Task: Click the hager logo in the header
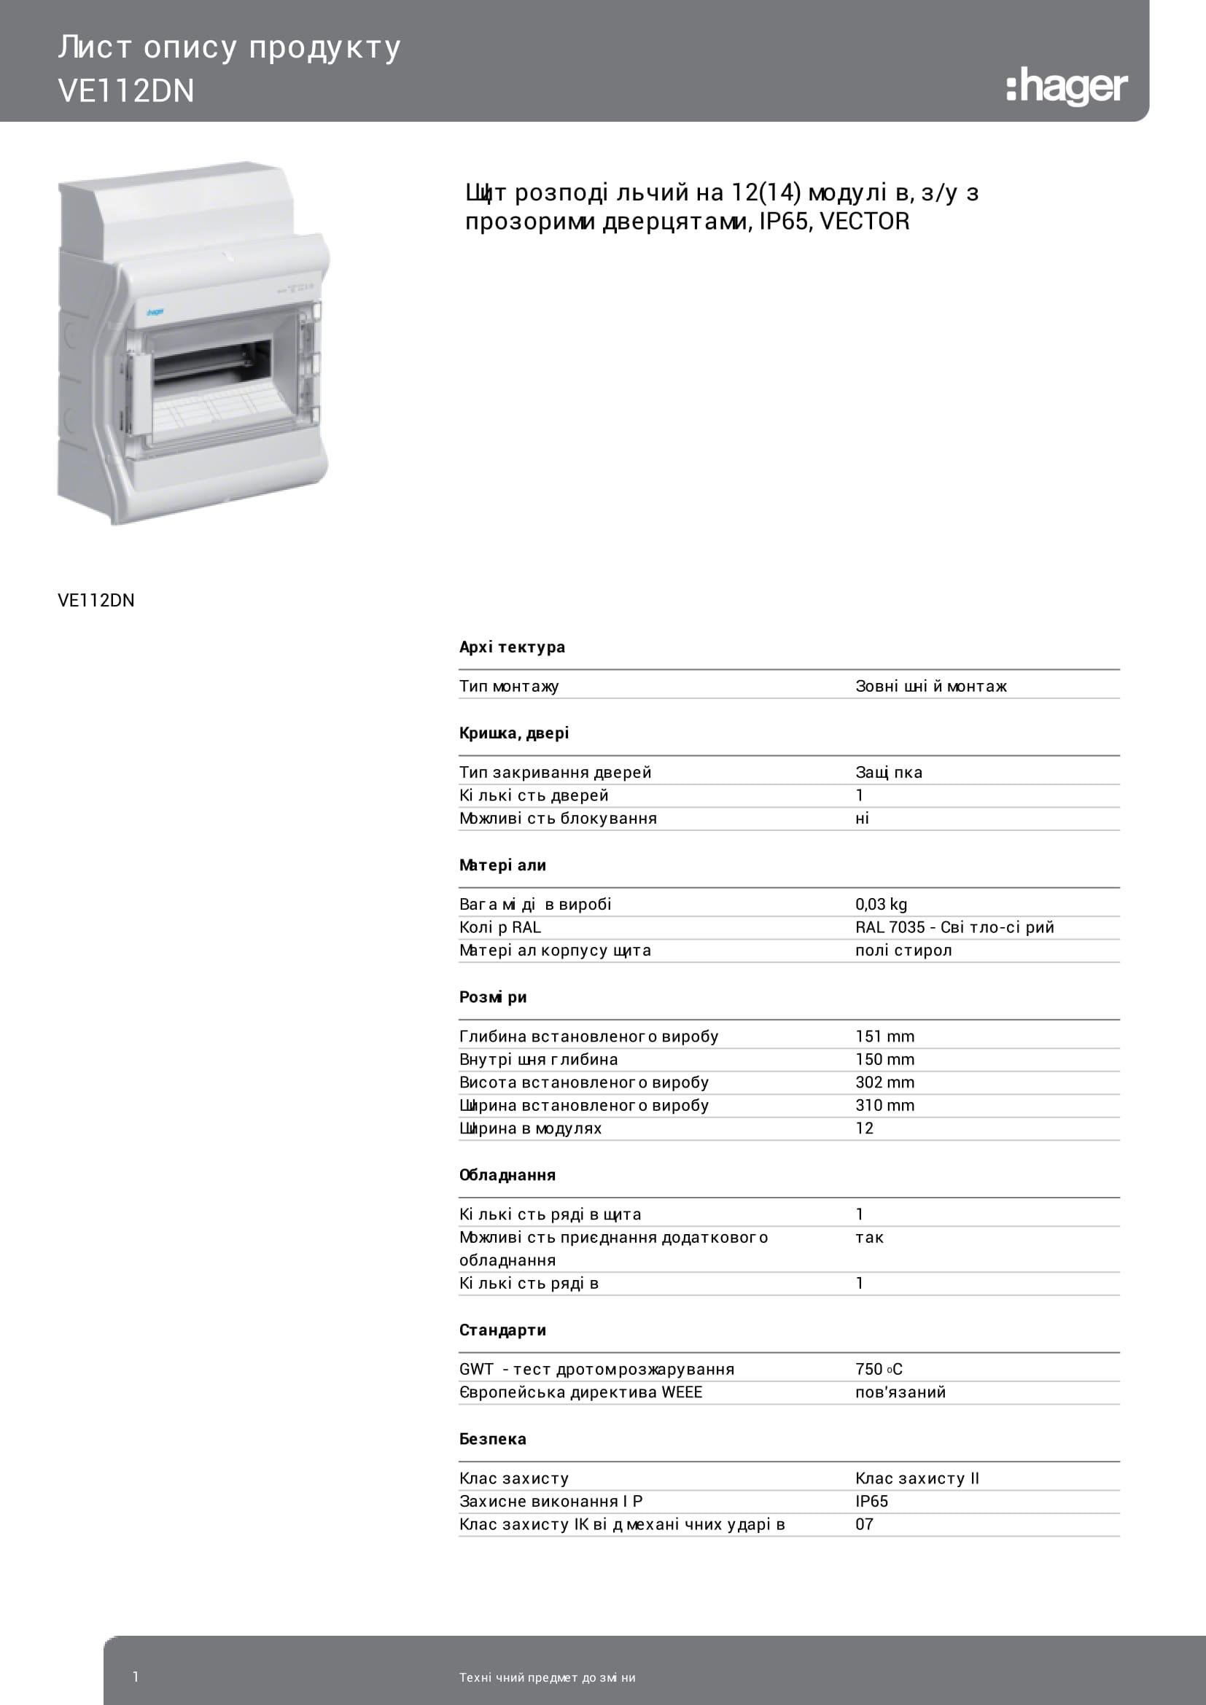point(1067,87)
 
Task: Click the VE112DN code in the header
point(126,91)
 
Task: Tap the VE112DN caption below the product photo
point(96,601)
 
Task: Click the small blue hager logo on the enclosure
point(155,313)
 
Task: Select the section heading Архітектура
point(512,647)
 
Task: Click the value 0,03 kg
point(881,904)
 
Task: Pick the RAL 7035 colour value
point(954,926)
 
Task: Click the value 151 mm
point(884,1036)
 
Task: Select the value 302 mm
point(884,1082)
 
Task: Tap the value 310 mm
point(884,1105)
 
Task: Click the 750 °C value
point(879,1369)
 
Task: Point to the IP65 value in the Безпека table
point(871,1501)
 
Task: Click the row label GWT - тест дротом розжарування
point(596,1369)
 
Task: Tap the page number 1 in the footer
point(135,1676)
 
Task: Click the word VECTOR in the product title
point(865,222)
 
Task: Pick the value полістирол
point(903,950)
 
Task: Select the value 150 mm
point(884,1059)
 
